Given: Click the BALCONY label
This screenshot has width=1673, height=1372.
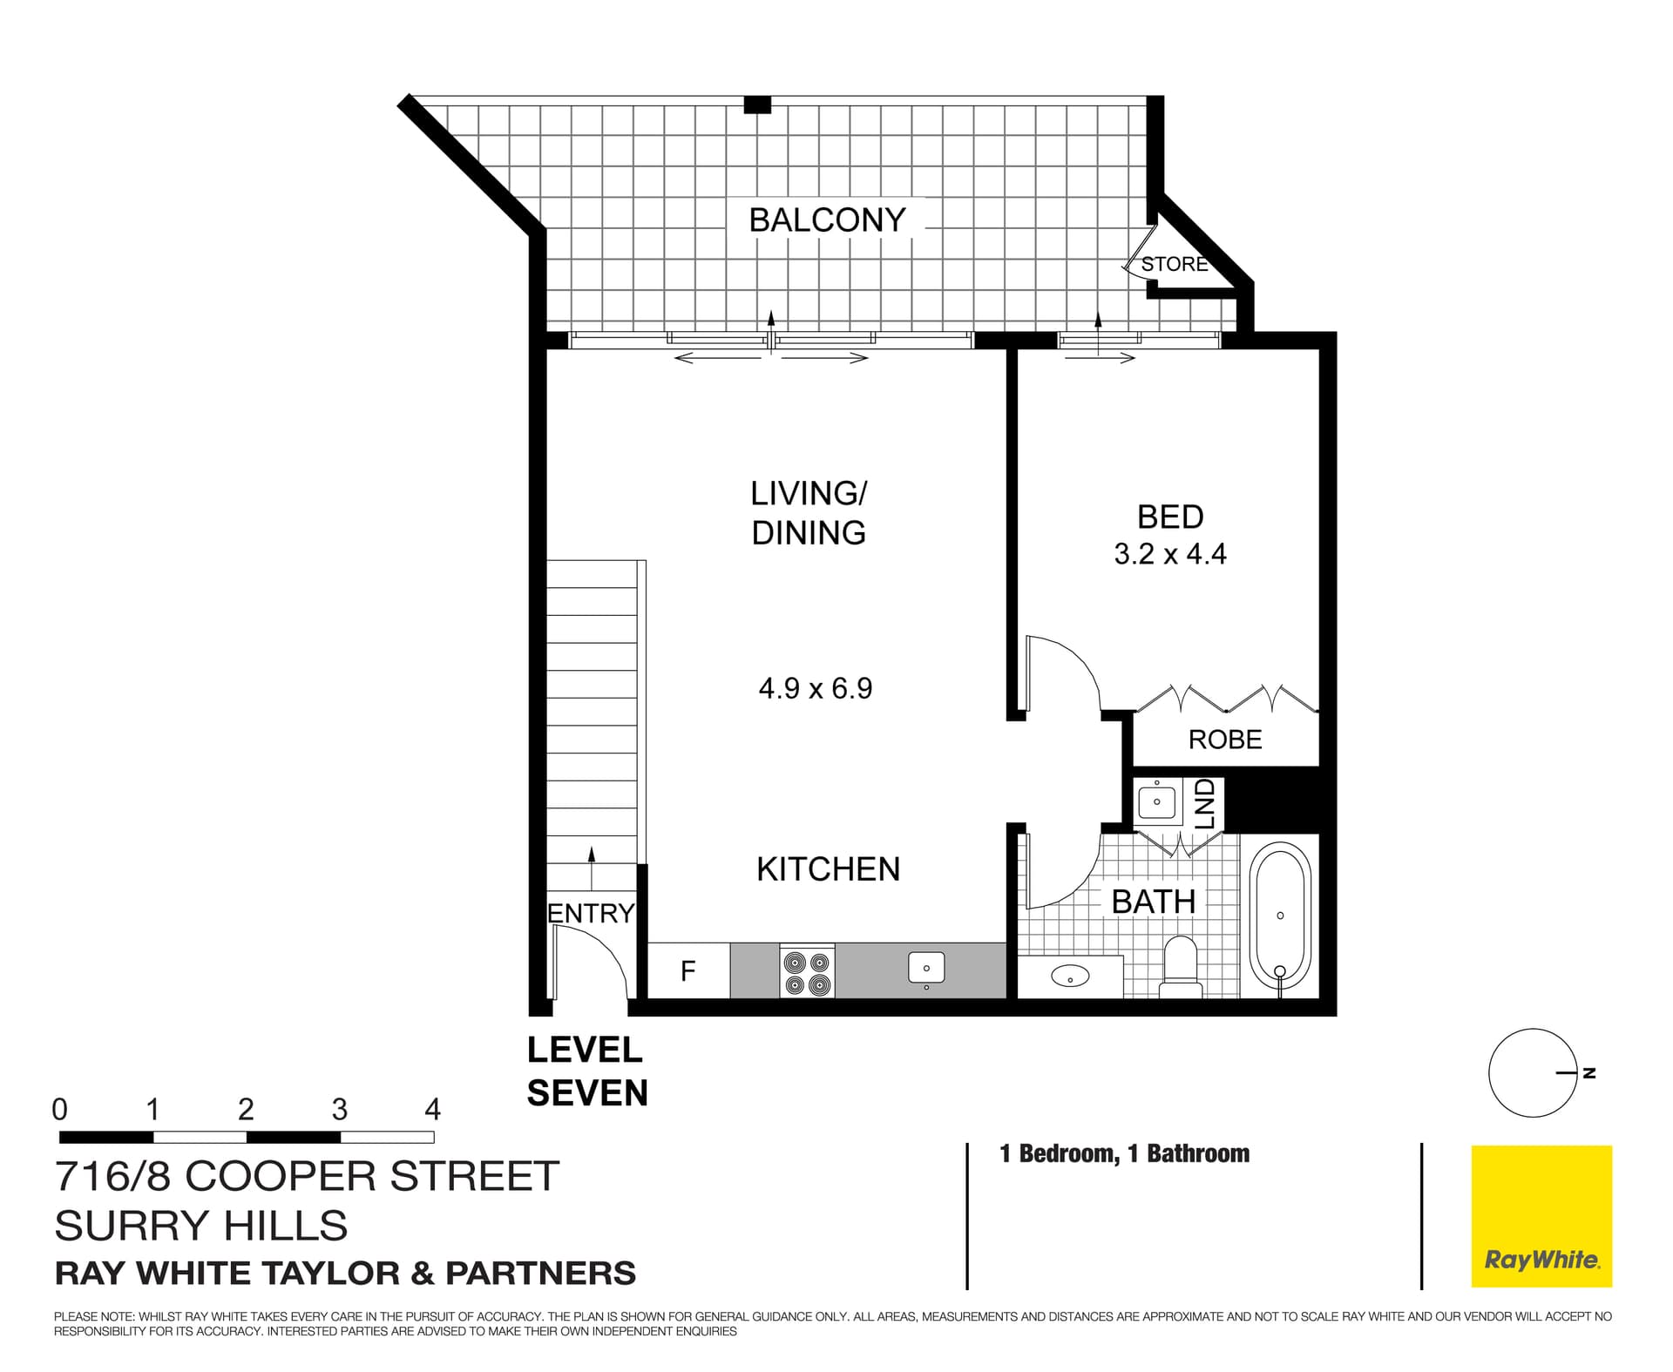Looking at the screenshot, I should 827,220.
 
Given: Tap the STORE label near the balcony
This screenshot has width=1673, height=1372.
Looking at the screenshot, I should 1175,264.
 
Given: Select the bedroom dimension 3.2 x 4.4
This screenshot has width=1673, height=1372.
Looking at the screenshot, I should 1169,554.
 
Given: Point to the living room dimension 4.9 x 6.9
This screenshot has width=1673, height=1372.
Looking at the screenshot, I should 815,689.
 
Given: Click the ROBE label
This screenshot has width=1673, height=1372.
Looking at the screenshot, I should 1224,740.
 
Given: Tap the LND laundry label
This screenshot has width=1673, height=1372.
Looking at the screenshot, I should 1205,803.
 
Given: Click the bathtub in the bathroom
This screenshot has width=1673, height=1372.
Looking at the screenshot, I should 1280,916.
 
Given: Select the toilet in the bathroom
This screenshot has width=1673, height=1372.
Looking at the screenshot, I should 1181,967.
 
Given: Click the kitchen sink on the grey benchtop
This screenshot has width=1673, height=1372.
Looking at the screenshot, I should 926,969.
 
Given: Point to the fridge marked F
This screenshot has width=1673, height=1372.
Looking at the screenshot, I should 688,970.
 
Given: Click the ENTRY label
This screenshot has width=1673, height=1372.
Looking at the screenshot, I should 591,913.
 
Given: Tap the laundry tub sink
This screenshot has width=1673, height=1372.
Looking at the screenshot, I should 1157,802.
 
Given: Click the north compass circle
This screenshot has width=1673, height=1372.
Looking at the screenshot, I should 1532,1073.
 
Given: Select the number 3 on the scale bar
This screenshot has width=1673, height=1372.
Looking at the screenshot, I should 339,1110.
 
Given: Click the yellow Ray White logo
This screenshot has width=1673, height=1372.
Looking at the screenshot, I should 1541,1216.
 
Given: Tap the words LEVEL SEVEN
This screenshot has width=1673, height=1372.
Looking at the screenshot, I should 587,1071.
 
